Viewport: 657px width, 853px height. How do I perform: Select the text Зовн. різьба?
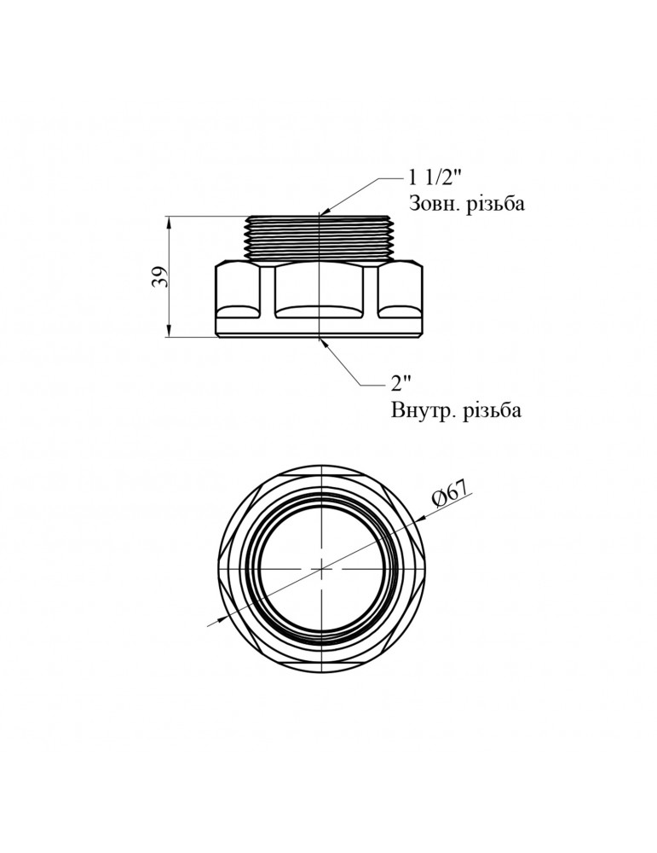(466, 205)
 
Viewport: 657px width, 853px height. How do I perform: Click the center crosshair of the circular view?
(320, 567)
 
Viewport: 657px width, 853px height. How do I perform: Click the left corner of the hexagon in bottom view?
(222, 567)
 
